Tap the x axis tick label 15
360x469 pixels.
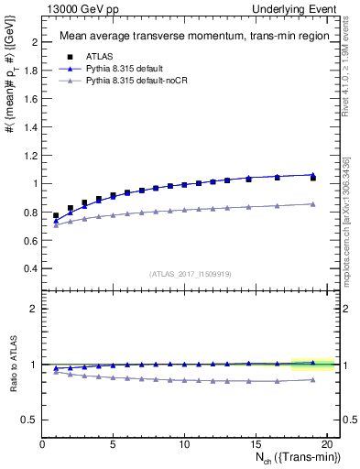(x=256, y=444)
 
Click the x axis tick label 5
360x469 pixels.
(x=114, y=444)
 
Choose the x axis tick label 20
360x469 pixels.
(x=327, y=444)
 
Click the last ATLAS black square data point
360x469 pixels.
(x=313, y=178)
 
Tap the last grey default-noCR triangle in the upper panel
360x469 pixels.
(x=313, y=203)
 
